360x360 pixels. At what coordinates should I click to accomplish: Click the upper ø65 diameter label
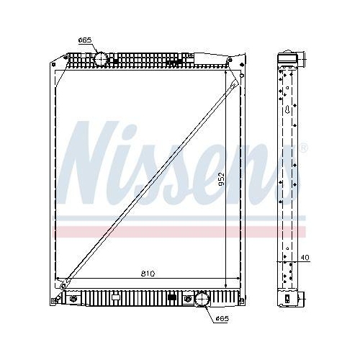point(85,41)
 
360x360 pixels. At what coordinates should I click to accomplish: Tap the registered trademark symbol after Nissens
point(303,148)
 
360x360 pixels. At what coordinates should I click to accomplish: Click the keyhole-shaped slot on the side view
point(289,111)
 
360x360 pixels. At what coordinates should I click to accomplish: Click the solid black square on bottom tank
point(171,297)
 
